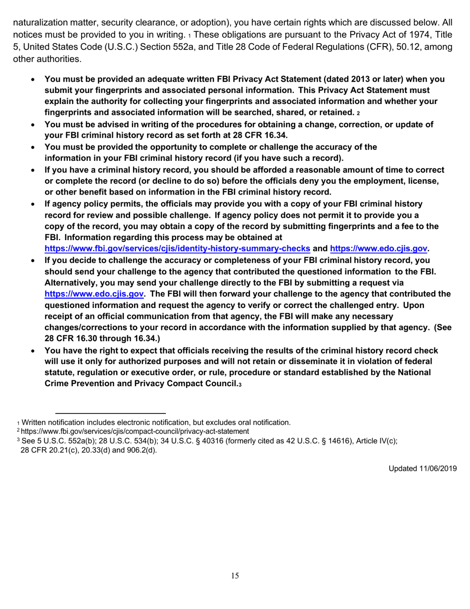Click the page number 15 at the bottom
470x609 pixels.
coord(235,575)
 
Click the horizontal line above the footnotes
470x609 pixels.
coord(110,413)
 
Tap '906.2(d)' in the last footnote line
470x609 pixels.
coord(141,450)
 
